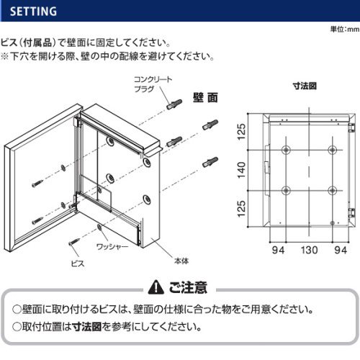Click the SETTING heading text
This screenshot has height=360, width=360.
tap(33, 12)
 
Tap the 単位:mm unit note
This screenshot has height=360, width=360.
tap(345, 30)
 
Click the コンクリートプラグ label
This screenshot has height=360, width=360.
tap(153, 84)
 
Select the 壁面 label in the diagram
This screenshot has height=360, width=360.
tap(205, 98)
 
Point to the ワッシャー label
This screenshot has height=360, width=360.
tap(112, 246)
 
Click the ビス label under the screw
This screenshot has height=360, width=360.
tap(78, 264)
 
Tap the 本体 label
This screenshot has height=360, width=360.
tap(181, 261)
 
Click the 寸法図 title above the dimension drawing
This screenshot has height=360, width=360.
tap(305, 86)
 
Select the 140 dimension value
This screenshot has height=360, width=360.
tap(241, 170)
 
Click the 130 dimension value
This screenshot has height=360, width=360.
tap(310, 250)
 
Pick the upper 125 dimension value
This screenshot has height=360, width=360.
tap(241, 132)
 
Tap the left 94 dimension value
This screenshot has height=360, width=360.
tap(278, 250)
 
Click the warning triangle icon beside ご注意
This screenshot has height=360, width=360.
tap(156, 287)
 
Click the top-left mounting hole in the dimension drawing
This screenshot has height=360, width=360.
tap(286, 150)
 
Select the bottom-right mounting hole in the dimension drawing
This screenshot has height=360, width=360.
tap(333, 191)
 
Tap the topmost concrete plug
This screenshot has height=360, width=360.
tap(174, 104)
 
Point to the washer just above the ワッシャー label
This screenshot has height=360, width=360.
tap(99, 228)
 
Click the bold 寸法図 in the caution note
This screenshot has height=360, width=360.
tap(87, 327)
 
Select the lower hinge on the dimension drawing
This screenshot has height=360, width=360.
tap(351, 213)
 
